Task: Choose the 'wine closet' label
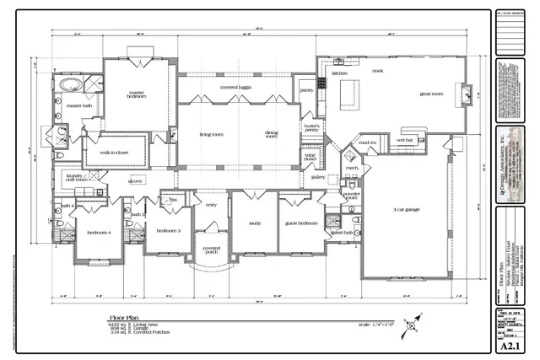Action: pyautogui.click(x=310, y=157)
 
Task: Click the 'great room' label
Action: pyautogui.click(x=432, y=94)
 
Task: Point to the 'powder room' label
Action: pyautogui.click(x=352, y=197)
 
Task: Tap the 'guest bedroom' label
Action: pyautogui.click(x=300, y=223)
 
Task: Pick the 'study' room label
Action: pyautogui.click(x=254, y=223)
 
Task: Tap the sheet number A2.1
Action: pyautogui.click(x=506, y=345)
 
